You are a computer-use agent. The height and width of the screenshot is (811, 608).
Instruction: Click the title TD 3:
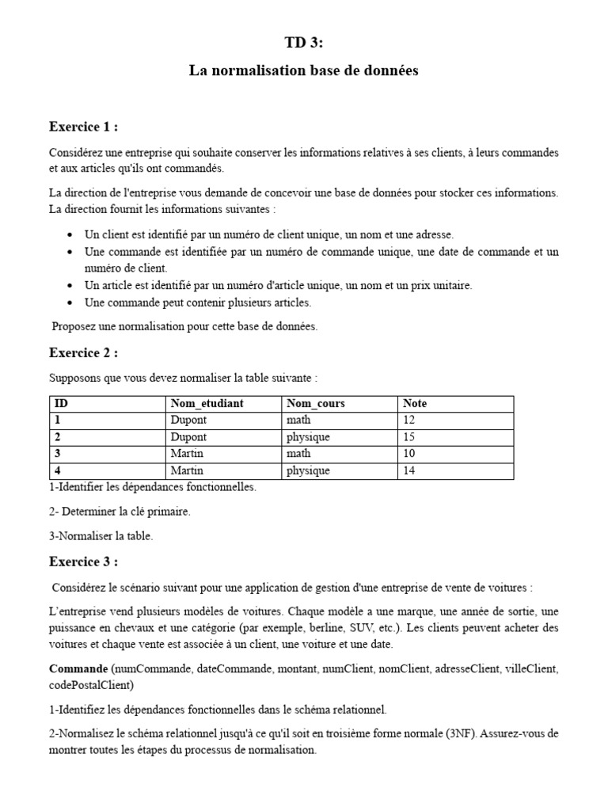click(303, 43)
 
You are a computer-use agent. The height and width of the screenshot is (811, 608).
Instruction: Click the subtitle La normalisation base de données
click(303, 70)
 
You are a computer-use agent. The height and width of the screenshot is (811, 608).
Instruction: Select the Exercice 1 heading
click(84, 127)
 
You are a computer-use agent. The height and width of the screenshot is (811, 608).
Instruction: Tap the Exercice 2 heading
click(84, 352)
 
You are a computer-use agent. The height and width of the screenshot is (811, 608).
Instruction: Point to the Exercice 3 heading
click(84, 562)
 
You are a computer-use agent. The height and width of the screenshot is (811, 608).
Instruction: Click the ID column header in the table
click(62, 404)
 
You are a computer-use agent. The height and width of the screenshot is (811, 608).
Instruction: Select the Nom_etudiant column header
click(207, 404)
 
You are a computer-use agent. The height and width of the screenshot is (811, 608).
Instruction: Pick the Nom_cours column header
click(316, 404)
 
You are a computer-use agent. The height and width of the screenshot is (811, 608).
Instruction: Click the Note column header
click(415, 404)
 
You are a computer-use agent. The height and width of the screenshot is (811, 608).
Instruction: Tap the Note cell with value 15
click(409, 437)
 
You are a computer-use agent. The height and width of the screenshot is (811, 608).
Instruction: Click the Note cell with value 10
click(409, 454)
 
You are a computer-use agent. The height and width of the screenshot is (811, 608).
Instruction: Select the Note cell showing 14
click(409, 470)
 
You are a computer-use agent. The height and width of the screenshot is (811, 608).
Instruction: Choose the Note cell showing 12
click(409, 421)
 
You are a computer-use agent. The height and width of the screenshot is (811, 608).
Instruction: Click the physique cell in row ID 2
click(308, 437)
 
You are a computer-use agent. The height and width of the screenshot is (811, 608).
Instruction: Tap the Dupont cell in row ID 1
click(188, 421)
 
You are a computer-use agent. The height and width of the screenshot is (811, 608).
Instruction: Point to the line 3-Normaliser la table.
click(101, 536)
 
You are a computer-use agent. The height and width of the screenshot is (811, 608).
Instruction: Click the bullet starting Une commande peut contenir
click(198, 303)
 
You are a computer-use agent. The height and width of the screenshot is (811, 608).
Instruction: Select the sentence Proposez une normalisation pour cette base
click(184, 327)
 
